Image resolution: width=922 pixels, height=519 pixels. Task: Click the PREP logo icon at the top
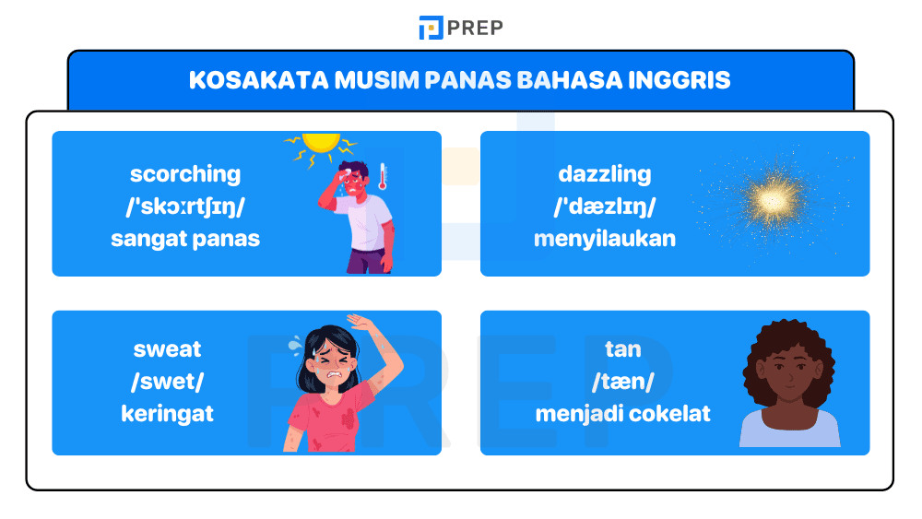point(431,28)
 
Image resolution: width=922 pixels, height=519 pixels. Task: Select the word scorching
point(185,173)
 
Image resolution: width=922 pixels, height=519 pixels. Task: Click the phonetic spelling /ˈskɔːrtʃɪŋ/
point(185,206)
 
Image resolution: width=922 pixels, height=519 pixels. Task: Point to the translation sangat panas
point(185,239)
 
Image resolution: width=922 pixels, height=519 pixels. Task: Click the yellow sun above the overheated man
point(321,143)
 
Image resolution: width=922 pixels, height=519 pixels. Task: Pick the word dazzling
point(604,173)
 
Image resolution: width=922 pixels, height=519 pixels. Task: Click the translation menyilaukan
point(604,239)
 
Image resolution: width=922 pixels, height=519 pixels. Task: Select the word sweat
point(167,348)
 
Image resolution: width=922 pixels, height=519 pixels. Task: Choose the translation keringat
point(167,414)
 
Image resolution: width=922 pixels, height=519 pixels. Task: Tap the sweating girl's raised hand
point(359,322)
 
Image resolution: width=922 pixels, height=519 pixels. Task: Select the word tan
point(623,348)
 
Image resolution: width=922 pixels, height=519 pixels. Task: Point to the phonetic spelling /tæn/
point(623,382)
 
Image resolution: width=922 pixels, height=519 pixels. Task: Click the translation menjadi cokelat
point(623,414)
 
